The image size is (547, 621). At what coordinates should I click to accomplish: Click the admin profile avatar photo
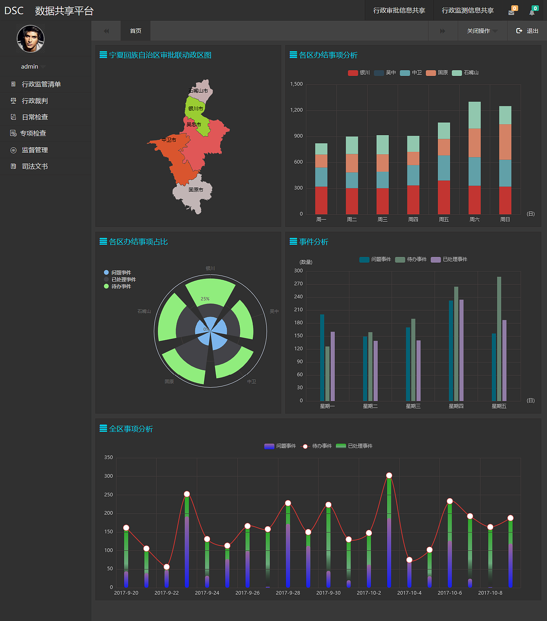click(x=30, y=39)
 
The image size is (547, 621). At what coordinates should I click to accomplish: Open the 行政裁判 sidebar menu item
click(x=35, y=101)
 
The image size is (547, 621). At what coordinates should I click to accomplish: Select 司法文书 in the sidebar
click(x=35, y=166)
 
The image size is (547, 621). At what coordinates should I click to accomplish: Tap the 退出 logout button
click(x=527, y=31)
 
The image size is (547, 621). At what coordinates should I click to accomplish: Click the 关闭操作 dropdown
click(x=482, y=31)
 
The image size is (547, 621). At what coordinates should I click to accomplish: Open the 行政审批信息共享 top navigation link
click(x=399, y=10)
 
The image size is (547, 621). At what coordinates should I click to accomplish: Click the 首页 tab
click(x=135, y=31)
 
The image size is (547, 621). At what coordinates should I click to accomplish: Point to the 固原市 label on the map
click(x=196, y=190)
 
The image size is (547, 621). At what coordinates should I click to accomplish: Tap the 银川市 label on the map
click(x=196, y=109)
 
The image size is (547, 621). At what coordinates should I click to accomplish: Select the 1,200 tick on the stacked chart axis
click(x=296, y=110)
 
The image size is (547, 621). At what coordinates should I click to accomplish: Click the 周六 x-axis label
click(x=474, y=219)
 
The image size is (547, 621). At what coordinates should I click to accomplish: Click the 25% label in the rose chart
click(x=205, y=299)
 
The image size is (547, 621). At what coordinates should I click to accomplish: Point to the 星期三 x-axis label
click(x=413, y=406)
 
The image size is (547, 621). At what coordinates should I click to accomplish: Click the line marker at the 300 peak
click(x=389, y=475)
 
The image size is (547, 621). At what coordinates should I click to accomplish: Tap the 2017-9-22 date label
click(x=167, y=593)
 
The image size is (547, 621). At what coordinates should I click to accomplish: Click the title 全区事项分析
click(x=131, y=429)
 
